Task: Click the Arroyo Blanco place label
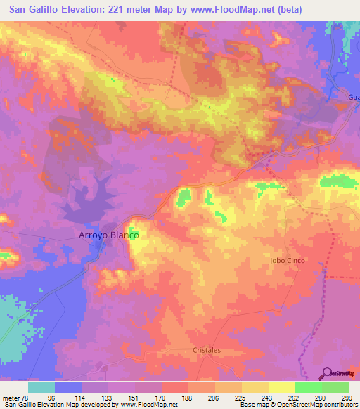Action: pos(107,237)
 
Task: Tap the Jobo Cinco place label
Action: pos(287,261)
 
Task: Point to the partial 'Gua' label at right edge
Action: pos(353,96)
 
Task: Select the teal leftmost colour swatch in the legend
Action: pos(41,387)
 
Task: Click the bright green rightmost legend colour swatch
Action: pos(335,387)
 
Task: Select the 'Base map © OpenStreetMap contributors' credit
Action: pos(298,405)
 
